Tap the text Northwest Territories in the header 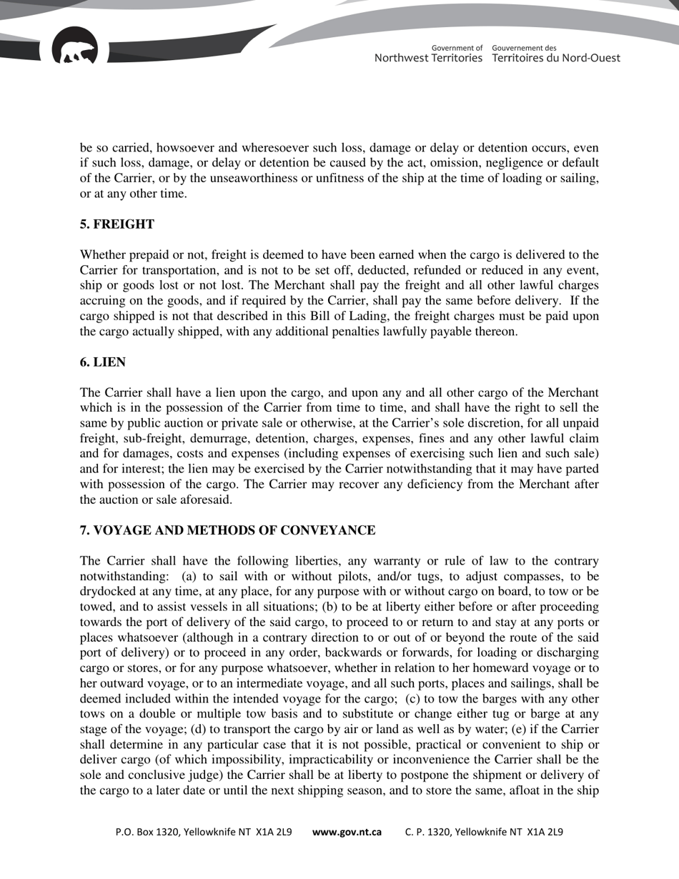tap(428, 58)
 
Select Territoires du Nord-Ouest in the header tap(556, 58)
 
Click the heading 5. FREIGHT tap(117, 224)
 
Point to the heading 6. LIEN tap(103, 362)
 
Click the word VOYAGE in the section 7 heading tap(122, 530)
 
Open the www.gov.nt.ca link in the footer tap(347, 832)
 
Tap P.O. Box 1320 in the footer tap(147, 832)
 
